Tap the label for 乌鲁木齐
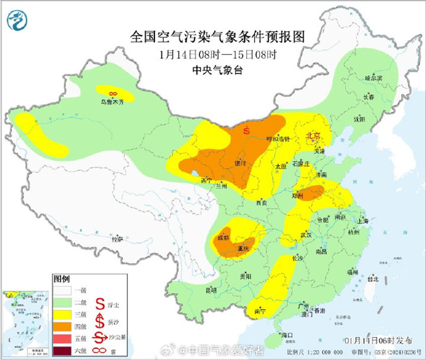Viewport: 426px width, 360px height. pos(112,102)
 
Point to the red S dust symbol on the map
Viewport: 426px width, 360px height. pos(247,129)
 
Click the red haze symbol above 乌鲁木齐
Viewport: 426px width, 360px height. pos(112,93)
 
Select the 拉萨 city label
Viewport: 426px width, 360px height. pos(118,239)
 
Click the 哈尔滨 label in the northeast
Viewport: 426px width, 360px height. pos(373,77)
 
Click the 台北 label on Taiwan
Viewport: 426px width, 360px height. pos(372,278)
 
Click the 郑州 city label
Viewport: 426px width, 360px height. pos(298,195)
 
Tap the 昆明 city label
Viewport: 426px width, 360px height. pos(211,290)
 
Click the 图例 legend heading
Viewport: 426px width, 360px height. pos(62,278)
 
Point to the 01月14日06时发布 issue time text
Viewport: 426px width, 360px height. pos(379,341)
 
